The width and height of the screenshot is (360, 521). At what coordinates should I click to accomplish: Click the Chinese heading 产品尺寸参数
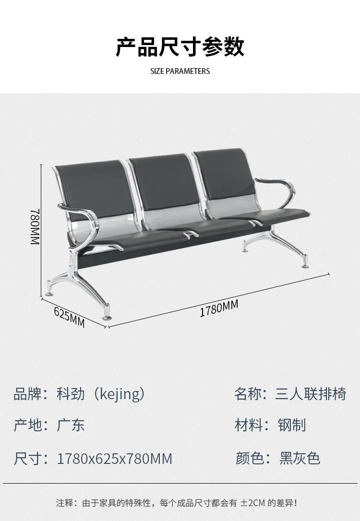coord(180,47)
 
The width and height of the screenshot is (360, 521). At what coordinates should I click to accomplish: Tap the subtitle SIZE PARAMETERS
coord(180,71)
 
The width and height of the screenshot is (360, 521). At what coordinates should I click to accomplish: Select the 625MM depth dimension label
coord(69,317)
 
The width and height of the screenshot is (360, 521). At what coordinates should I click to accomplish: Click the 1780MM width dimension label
coord(219,308)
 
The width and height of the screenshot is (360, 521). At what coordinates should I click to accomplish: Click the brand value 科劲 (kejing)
coord(101,394)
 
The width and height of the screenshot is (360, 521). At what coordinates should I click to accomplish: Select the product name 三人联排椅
coord(310,394)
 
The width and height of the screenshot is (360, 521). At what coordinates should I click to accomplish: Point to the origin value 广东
coord(71,425)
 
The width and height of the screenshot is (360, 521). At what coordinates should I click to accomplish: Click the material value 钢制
coord(291,425)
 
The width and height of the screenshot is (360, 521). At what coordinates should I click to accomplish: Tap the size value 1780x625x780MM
coord(114,459)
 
